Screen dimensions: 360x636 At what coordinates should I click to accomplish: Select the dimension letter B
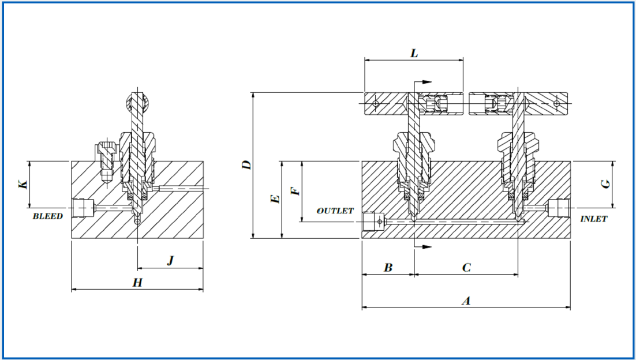click(388, 268)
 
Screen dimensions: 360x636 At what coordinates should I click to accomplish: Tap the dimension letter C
click(467, 268)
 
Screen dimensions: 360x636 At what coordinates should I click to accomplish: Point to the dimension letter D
click(246, 164)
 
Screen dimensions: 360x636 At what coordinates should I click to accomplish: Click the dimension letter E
click(275, 199)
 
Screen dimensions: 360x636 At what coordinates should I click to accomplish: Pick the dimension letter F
click(295, 190)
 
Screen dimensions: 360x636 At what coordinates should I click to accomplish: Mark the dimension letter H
click(137, 282)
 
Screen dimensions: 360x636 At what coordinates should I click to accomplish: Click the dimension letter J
click(170, 261)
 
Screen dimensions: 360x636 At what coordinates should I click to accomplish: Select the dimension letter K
click(23, 184)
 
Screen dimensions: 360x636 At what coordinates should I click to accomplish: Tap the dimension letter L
click(414, 53)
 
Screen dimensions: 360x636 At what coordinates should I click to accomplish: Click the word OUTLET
click(335, 211)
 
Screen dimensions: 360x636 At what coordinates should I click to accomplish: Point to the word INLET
click(593, 219)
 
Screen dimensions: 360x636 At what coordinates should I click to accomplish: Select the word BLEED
click(47, 216)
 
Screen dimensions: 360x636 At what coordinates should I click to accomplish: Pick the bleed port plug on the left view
click(84, 207)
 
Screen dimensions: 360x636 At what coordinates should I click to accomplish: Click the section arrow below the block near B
click(424, 247)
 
